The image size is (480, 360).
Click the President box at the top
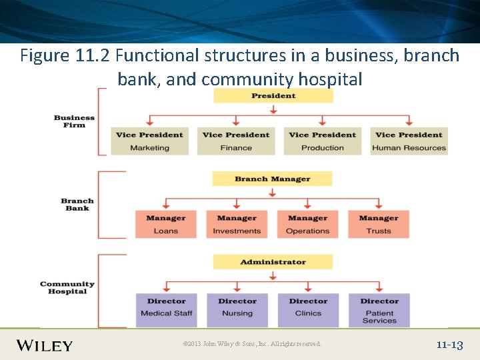(273, 96)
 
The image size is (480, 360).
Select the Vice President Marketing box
(149, 141)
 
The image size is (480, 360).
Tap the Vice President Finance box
(236, 141)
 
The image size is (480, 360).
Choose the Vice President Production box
(323, 141)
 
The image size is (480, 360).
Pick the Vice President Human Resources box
(409, 141)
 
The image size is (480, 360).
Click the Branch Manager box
(272, 179)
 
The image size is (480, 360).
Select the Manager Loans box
(166, 224)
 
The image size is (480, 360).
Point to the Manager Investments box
(237, 224)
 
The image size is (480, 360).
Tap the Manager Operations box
(307, 224)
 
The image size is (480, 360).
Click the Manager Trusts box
(378, 224)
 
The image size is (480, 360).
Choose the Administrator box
(273, 262)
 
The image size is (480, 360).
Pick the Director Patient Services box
(379, 310)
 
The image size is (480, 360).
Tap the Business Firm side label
(75, 121)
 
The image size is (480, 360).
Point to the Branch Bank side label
(77, 204)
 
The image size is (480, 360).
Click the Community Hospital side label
(67, 287)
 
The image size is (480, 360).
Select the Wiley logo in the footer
(45, 345)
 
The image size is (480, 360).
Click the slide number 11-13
(449, 345)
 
